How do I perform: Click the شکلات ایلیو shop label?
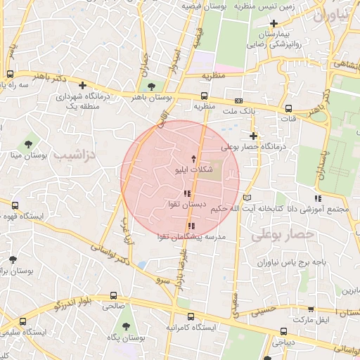pos(194,169)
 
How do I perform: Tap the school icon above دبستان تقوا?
pos(186,193)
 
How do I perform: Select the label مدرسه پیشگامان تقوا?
pos(192,238)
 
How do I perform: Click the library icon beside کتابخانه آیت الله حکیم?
pos(245,197)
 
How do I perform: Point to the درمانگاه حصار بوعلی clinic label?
pos(255,147)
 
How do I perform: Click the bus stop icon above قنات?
pos(289,108)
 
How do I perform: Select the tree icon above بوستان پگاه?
pos(126,326)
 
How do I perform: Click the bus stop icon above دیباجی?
pos(283,331)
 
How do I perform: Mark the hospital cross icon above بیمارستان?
pos(274,24)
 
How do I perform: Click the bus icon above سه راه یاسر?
pos(10,74)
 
